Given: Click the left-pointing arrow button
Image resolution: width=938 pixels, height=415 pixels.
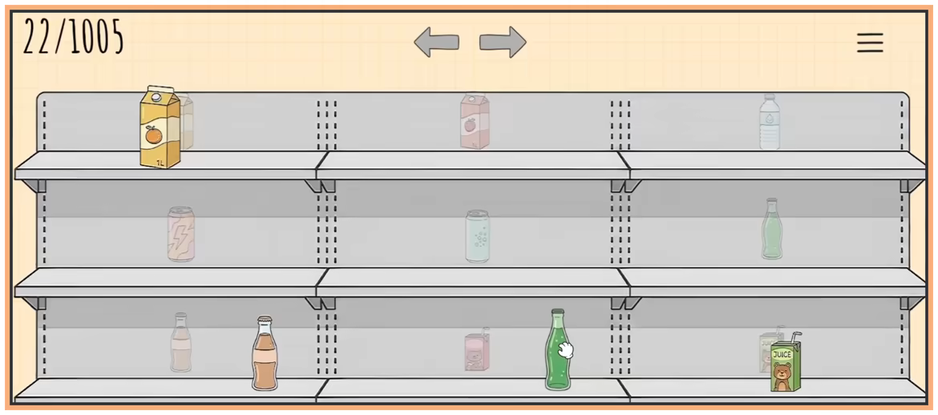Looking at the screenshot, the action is coord(437,42).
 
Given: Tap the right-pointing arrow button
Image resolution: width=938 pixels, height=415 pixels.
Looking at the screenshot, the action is coord(503,42).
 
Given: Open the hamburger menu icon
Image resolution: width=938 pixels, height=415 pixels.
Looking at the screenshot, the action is coord(870,42).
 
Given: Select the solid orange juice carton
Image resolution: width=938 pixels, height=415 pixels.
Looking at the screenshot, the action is coord(160,127).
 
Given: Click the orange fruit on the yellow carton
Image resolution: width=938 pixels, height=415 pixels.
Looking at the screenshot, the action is coord(154,136).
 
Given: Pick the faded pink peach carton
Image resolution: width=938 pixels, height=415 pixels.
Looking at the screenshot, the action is coord(475,122).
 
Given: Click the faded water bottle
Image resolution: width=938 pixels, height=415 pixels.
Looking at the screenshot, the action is coord(770,122).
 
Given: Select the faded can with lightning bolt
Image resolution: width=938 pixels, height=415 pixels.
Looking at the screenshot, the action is coord(180,235).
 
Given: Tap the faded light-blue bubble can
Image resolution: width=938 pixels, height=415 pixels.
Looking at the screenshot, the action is coord(477,236).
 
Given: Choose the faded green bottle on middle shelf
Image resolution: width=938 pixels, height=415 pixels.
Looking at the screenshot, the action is coord(772,229).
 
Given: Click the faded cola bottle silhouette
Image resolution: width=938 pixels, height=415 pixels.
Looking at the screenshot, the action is coord(180,343).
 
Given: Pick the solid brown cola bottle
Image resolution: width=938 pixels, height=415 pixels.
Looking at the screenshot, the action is coord(265,353).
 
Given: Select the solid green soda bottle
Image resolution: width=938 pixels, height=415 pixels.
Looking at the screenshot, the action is coord(557,350).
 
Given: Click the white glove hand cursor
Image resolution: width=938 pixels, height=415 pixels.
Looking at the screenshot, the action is coord(565,350).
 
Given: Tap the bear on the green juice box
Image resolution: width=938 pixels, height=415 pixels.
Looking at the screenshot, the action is coord(782,376).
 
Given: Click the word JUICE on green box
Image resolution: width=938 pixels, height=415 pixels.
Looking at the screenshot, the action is coord(782,355).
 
